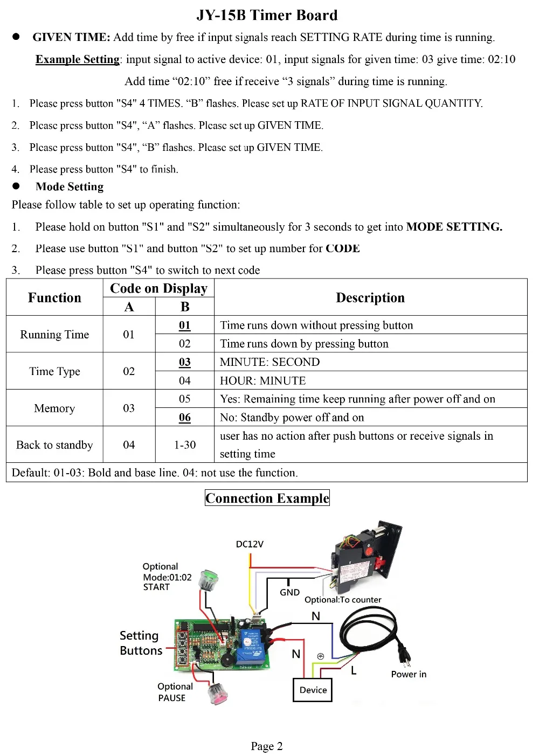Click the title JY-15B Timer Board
pyautogui.click(x=267, y=15)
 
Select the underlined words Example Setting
pyautogui.click(x=78, y=59)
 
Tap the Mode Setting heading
pyautogui.click(x=70, y=186)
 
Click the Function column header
pyautogui.click(x=54, y=297)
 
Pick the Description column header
pyautogui.click(x=370, y=297)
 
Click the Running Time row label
pyautogui.click(x=54, y=335)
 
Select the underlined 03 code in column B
pyautogui.click(x=185, y=362)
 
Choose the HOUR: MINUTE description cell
pyautogui.click(x=262, y=380)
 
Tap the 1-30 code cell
pyautogui.click(x=185, y=445)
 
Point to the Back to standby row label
pyautogui.click(x=54, y=445)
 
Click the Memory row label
pyautogui.click(x=54, y=408)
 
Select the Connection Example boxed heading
pyautogui.click(x=267, y=498)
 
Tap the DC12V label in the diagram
pyautogui.click(x=250, y=544)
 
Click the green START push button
pyautogui.click(x=208, y=580)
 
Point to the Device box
pyautogui.click(x=313, y=690)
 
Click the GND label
pyautogui.click(x=289, y=592)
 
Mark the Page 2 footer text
pyautogui.click(x=266, y=746)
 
